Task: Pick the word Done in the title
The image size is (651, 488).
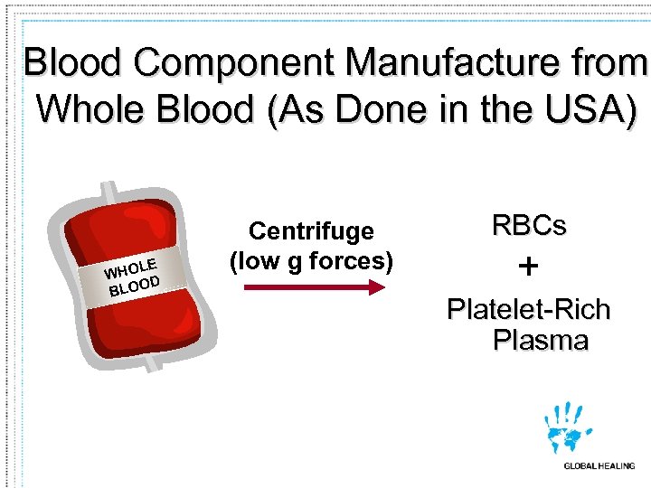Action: pyautogui.click(x=394, y=110)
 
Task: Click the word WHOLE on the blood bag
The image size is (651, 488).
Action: pyautogui.click(x=132, y=267)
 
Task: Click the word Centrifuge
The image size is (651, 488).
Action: pyautogui.click(x=311, y=231)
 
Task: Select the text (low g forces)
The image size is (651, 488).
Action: pyautogui.click(x=311, y=262)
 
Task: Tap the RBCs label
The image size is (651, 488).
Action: pyautogui.click(x=528, y=226)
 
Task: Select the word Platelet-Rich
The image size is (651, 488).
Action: pyautogui.click(x=529, y=310)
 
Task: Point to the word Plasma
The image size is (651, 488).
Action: pyautogui.click(x=541, y=341)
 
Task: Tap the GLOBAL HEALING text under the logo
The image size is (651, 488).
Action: pyautogui.click(x=598, y=466)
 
